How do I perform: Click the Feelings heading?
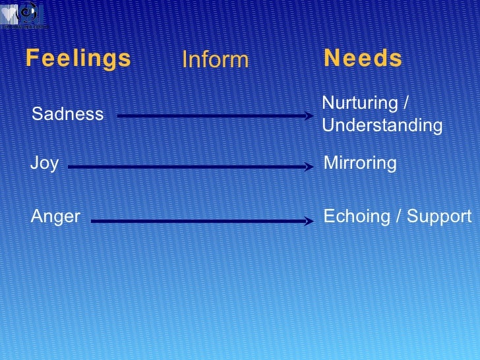(x=78, y=59)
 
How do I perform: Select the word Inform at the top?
(x=215, y=60)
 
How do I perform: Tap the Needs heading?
(x=363, y=59)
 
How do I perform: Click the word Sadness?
(x=67, y=114)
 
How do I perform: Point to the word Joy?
(x=44, y=163)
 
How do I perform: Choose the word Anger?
(x=55, y=216)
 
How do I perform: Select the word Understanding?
(x=382, y=125)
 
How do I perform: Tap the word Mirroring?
(x=361, y=163)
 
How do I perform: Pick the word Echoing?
(x=355, y=216)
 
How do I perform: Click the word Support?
(x=440, y=216)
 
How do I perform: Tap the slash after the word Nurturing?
(x=405, y=104)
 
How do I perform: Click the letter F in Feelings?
(x=31, y=58)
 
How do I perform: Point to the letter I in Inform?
(x=185, y=60)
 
